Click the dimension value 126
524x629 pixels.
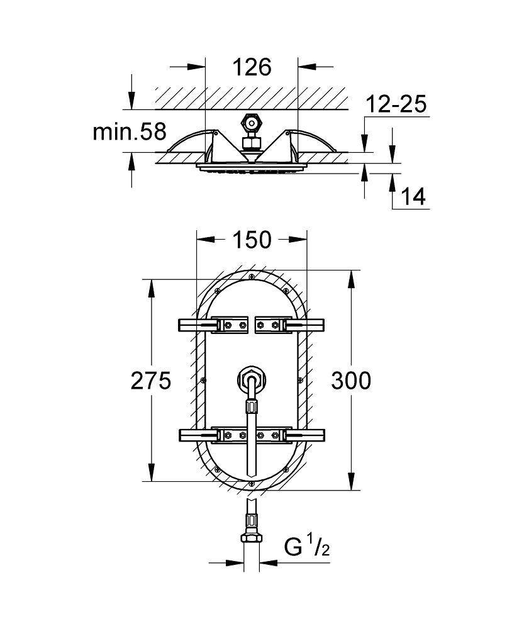252,67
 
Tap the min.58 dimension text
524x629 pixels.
129,131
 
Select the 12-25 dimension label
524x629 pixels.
396,104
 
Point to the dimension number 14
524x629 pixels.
413,197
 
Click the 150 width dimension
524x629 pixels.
252,240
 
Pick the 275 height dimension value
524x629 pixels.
151,381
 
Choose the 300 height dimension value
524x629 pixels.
351,381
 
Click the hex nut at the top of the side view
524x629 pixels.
251,123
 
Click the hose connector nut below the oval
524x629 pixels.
252,538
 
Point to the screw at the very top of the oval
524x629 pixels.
251,276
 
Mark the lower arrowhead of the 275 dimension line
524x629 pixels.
151,472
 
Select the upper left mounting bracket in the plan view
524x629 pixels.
212,325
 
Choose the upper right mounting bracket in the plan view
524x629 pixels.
290,325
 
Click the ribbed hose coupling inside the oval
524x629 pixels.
251,407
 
